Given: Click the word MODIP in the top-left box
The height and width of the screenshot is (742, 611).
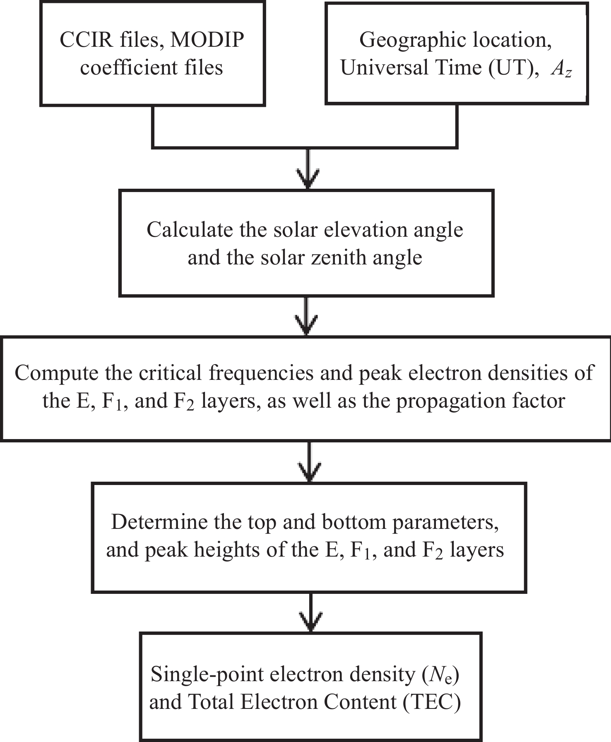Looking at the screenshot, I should (207, 40).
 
